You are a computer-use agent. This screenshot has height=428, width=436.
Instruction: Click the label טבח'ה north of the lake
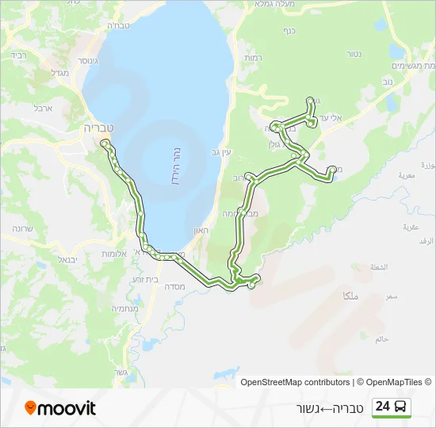[x=117, y=26]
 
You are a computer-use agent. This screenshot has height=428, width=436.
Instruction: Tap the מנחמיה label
[x=126, y=308]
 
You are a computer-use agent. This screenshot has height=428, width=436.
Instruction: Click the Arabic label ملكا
[x=350, y=295]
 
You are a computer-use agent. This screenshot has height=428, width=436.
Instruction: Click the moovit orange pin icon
[x=31, y=408]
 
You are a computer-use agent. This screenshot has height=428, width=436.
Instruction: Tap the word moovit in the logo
[x=67, y=408]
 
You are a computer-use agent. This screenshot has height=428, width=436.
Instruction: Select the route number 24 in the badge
[x=383, y=407]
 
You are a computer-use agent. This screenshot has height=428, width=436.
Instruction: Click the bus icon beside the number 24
[x=402, y=407]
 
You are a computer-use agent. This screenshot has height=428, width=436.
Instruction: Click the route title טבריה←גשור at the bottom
[x=327, y=407]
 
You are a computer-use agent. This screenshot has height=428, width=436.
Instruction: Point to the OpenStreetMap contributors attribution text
[x=295, y=382]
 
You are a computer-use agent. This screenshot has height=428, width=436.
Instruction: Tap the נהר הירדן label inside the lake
[x=178, y=164]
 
